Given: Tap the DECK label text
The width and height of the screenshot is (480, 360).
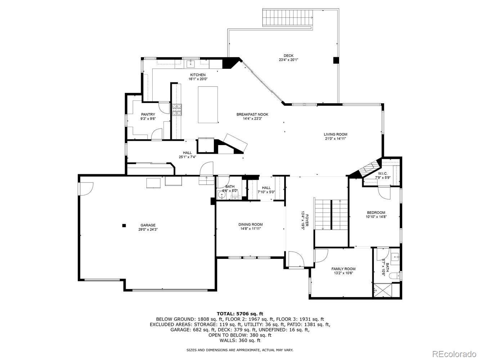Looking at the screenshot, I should click(288, 55).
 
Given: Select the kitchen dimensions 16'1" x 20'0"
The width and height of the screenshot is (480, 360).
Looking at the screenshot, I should click(198, 79).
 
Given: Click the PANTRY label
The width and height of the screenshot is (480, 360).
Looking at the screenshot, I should click(148, 114).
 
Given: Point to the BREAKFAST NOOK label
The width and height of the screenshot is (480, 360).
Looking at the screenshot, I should click(252, 114).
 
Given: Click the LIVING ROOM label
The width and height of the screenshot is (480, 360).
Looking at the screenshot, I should click(335, 134).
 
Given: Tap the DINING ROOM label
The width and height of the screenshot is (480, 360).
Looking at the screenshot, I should click(250, 224).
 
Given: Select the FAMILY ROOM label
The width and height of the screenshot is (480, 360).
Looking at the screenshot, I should click(343, 269).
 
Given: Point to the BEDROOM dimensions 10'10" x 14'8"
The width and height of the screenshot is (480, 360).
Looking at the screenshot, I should click(376, 217).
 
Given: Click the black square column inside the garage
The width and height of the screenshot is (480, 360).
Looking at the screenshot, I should click(124, 225).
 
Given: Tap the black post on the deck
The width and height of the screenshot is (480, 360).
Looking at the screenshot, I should click(336, 60).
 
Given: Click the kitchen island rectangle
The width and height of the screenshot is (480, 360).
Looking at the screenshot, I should click(208, 105).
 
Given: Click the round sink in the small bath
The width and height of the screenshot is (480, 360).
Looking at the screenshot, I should click(222, 195).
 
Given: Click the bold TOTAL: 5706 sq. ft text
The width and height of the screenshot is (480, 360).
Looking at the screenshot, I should click(240, 314).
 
